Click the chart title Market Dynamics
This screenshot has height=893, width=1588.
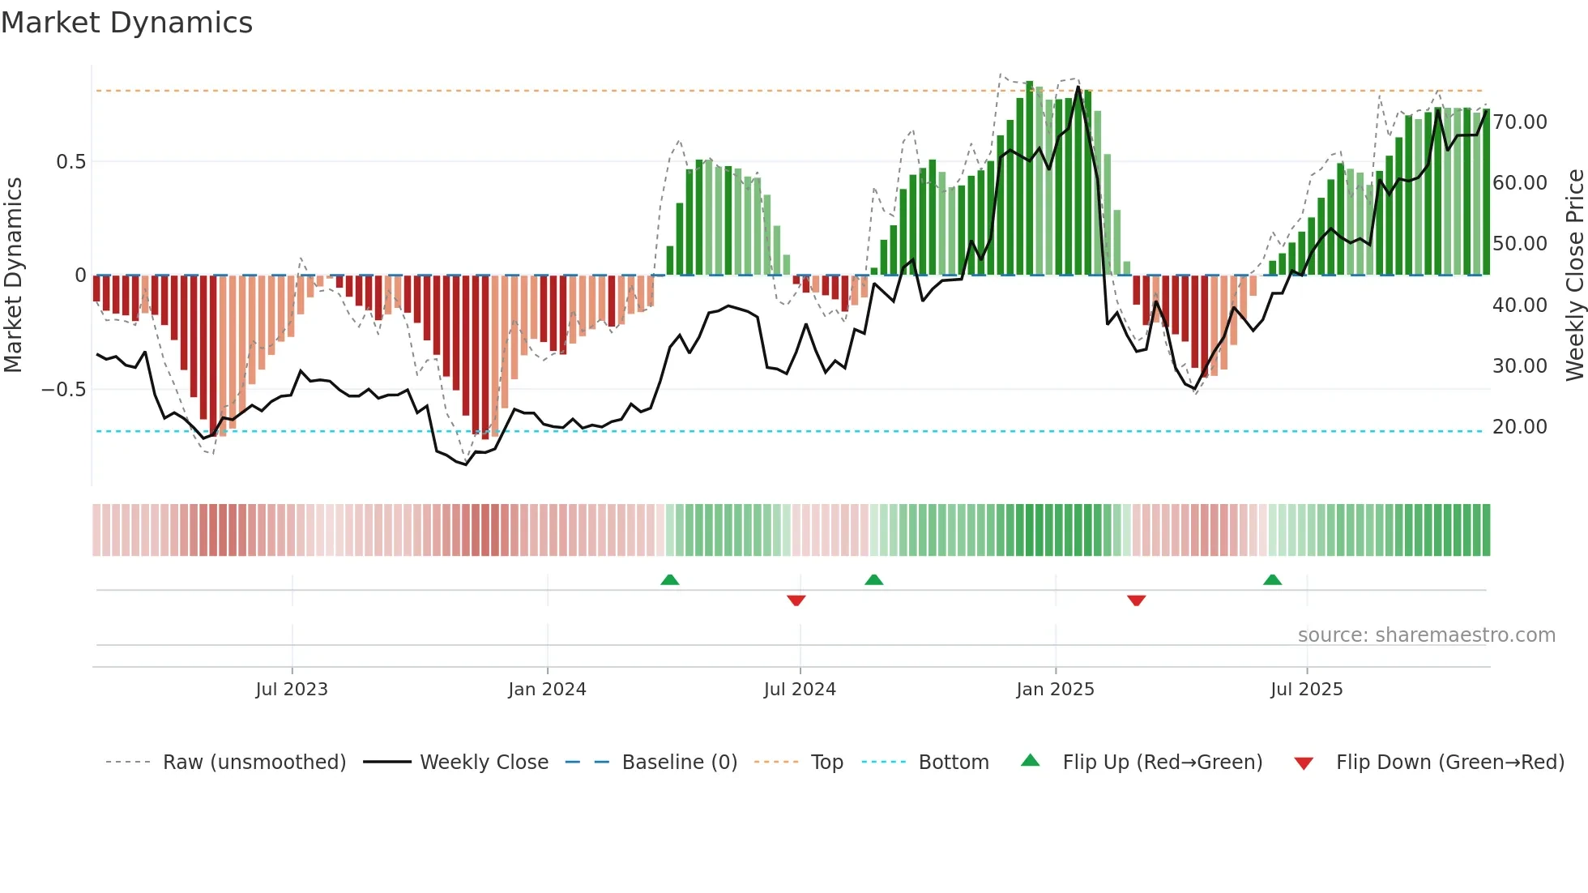click(127, 23)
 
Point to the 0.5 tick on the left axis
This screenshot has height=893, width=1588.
click(70, 161)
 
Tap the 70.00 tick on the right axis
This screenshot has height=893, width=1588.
click(1519, 122)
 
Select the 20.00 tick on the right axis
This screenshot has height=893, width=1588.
click(1519, 427)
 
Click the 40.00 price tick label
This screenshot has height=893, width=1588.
click(1519, 305)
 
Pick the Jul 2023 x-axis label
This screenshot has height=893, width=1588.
click(292, 690)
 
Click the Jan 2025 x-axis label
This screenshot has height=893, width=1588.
click(1055, 690)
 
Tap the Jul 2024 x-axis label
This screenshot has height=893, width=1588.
click(800, 690)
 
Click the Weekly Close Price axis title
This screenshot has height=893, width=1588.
click(1574, 275)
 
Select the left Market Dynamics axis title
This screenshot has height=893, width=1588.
click(13, 275)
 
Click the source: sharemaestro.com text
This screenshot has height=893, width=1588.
click(1426, 635)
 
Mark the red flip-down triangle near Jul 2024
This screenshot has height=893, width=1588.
click(796, 600)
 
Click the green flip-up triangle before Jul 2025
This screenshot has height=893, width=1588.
click(1272, 579)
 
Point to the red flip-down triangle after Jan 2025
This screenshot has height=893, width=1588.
click(1136, 600)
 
